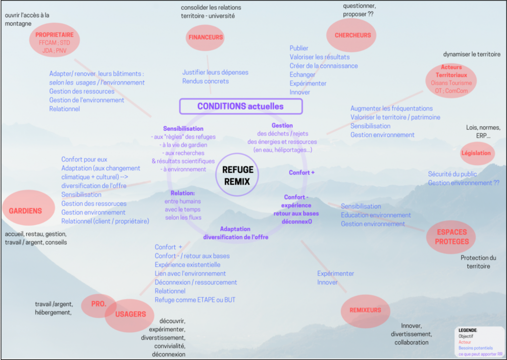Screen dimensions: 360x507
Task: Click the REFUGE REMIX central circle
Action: [238, 175]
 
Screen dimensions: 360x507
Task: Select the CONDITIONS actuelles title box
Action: [241, 106]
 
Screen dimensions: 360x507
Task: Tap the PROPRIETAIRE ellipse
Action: [54, 40]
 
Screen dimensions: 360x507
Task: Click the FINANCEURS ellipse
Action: [205, 37]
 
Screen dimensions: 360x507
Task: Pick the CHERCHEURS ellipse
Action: [352, 35]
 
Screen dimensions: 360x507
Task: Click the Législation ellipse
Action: [476, 153]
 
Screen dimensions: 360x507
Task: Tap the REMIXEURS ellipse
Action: [365, 310]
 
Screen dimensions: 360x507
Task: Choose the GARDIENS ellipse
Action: [25, 210]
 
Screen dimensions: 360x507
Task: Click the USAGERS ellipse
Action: [130, 314]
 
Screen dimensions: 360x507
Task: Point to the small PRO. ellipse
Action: [98, 304]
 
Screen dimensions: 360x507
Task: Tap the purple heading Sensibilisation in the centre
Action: [183, 128]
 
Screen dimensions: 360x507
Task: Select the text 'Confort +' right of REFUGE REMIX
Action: [302, 172]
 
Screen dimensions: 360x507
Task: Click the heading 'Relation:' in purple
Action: [183, 193]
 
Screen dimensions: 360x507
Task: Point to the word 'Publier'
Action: [299, 48]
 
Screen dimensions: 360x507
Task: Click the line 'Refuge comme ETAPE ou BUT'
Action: [195, 300]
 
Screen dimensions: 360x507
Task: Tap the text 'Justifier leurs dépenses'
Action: [215, 72]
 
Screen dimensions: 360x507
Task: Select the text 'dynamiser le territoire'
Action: [471, 54]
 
